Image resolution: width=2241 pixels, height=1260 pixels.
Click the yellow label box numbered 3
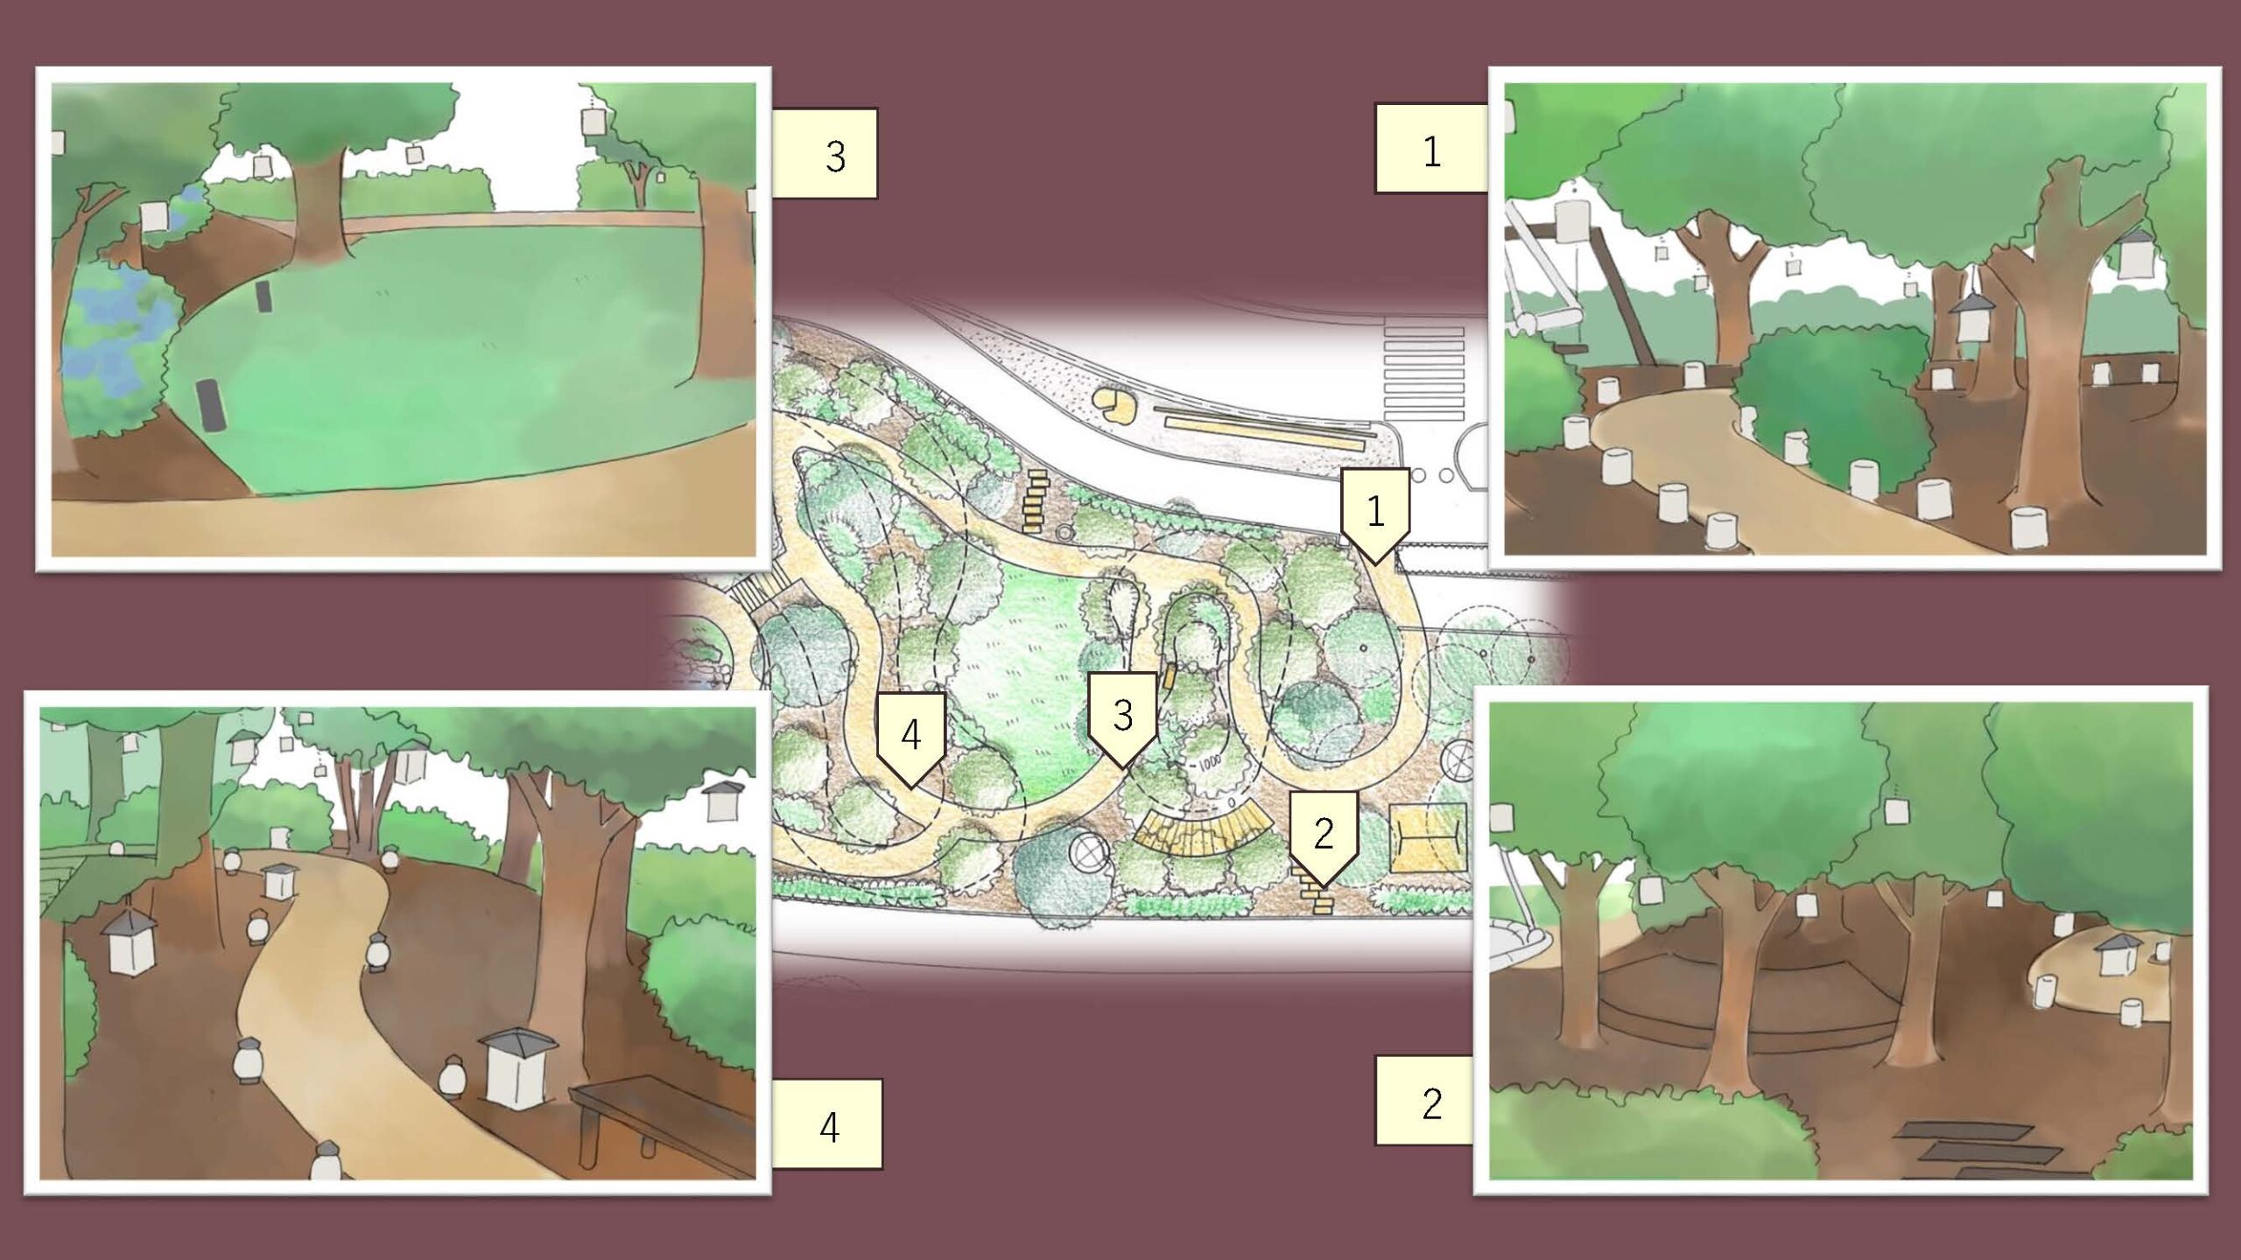click(825, 154)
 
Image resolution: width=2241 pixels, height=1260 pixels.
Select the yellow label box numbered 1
click(1431, 149)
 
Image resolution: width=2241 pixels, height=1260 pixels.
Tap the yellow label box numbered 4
click(827, 1124)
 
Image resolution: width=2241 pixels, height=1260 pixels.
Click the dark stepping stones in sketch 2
click(1970, 1150)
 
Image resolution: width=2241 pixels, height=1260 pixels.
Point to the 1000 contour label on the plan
click(1209, 762)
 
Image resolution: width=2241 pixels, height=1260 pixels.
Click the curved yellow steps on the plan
click(1204, 836)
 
